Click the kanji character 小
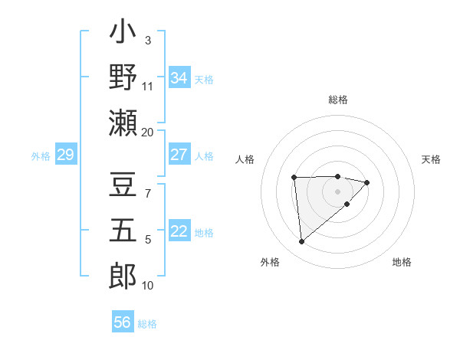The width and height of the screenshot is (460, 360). click(x=123, y=34)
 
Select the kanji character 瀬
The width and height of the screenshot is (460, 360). click(x=123, y=122)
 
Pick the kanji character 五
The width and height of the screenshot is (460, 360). click(x=123, y=231)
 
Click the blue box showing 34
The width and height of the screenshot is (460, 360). click(x=179, y=77)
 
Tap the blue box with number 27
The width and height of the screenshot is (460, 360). click(x=179, y=155)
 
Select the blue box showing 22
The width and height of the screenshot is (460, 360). click(x=179, y=232)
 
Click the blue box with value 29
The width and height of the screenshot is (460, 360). click(x=65, y=155)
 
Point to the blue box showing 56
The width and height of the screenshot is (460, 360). click(x=123, y=322)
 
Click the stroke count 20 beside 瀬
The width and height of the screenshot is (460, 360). click(x=148, y=132)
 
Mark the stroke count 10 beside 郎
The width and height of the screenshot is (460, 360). click(x=148, y=286)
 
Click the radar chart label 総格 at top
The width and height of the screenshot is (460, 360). click(x=337, y=100)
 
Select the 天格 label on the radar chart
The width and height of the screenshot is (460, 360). click(x=431, y=159)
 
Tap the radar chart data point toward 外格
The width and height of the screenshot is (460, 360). click(x=302, y=241)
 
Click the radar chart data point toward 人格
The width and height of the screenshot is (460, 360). click(x=294, y=177)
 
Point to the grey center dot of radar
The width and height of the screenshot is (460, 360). click(x=337, y=190)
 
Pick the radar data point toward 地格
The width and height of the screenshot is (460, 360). click(x=347, y=204)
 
